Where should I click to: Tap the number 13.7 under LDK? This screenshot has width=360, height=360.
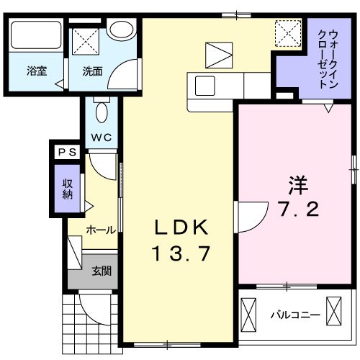181,253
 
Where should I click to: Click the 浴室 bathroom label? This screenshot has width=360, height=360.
37,72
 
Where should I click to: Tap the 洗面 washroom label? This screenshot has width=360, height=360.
91,72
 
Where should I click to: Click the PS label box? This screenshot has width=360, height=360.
68,152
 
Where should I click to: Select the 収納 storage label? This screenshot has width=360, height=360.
67,189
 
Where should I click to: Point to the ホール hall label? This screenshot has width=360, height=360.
101,230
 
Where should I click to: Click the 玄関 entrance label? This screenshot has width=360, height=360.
101,271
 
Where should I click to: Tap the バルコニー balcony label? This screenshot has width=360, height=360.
295,315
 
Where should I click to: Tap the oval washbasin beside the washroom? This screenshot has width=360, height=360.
123,30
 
